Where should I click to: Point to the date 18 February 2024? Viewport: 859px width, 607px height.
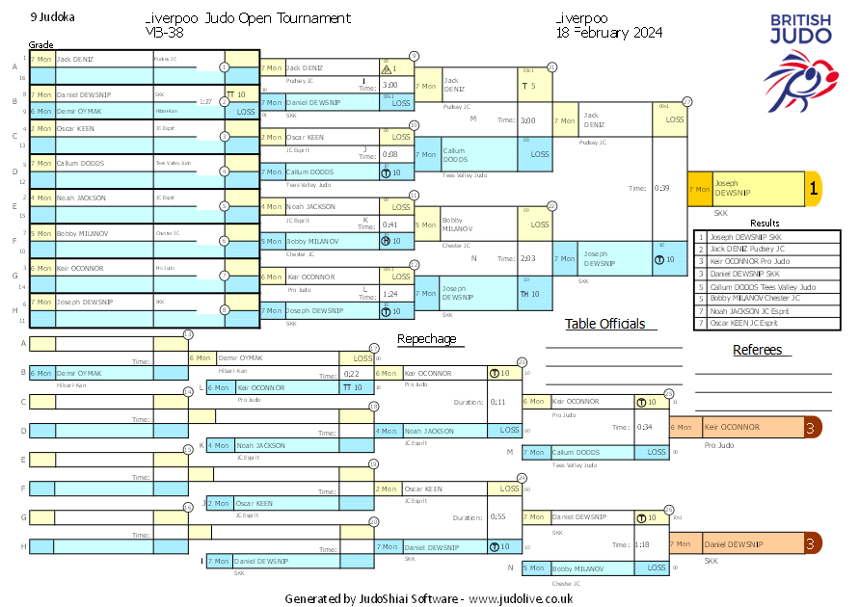(608, 33)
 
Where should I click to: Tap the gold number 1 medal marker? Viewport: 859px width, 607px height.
(813, 190)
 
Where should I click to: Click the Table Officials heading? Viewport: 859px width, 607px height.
(604, 325)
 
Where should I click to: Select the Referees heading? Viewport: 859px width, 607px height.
(757, 350)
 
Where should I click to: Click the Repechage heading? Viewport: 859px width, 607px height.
(427, 339)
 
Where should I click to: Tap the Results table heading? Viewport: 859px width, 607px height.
(765, 224)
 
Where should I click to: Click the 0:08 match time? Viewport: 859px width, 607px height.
(390, 154)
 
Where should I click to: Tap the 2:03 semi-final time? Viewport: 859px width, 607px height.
(527, 258)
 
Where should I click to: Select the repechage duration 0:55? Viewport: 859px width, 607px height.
(497, 516)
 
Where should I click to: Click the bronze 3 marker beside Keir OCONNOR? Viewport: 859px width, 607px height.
(813, 428)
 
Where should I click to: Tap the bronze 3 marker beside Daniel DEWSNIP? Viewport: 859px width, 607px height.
(813, 544)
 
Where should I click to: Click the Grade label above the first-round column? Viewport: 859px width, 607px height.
(41, 45)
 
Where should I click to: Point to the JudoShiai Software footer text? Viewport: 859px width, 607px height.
(429, 598)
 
